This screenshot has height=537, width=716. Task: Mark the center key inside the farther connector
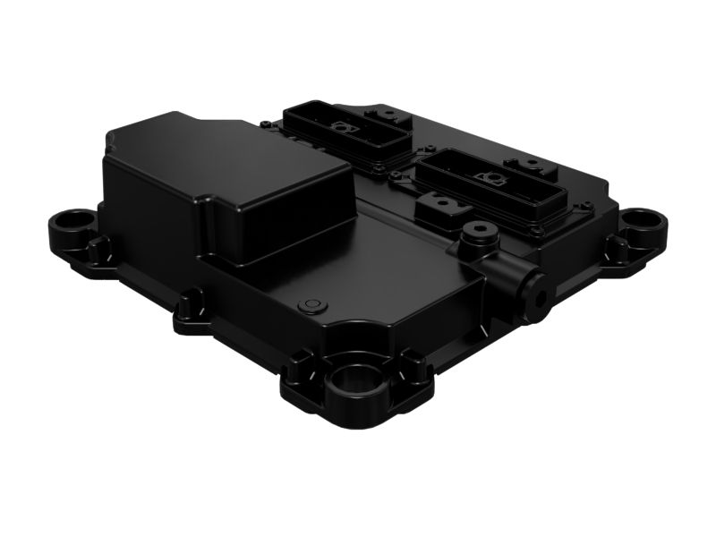click(341, 129)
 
